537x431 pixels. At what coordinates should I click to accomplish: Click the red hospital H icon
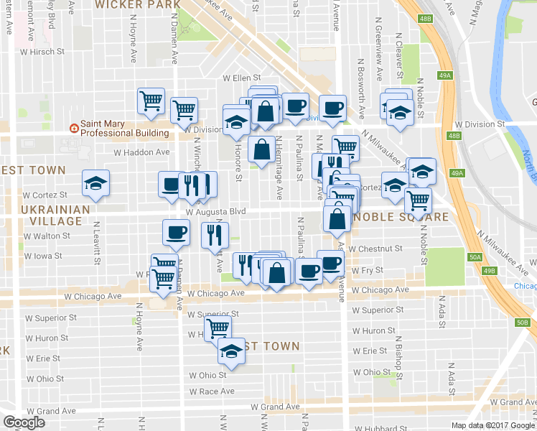pos(73,128)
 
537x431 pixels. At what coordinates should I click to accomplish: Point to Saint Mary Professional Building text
pos(123,128)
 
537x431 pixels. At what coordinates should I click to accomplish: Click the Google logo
pos(24,422)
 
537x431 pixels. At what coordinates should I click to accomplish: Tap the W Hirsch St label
pos(42,52)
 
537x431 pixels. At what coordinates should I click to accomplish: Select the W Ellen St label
pos(241,78)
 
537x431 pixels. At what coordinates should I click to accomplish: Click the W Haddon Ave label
pos(142,152)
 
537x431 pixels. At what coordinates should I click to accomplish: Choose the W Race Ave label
pos(212,391)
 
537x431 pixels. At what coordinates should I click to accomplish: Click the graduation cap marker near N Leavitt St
pos(95,182)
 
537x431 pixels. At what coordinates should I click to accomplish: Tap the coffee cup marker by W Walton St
pos(176,232)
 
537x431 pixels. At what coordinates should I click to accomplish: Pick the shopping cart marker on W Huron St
pos(217,329)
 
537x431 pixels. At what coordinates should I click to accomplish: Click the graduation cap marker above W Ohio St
pos(231,351)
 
